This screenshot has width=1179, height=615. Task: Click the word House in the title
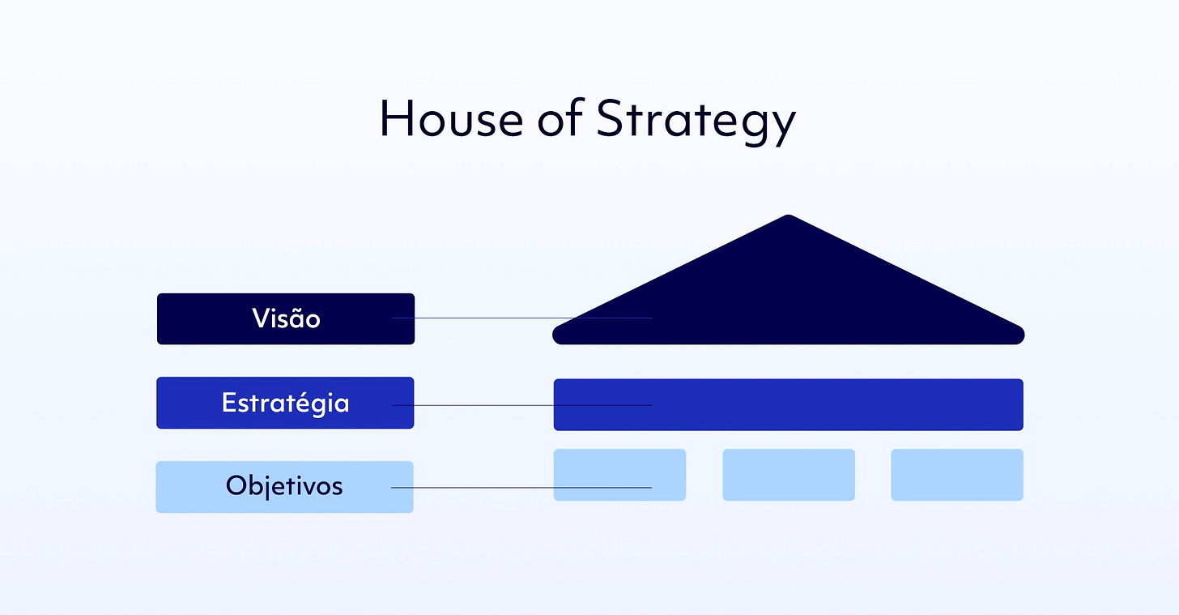(452, 118)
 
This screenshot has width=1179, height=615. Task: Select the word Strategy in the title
(696, 121)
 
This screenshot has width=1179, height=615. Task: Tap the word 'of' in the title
(560, 117)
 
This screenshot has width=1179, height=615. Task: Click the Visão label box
(286, 318)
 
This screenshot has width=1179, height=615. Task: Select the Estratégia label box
(285, 403)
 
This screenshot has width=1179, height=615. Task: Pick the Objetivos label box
(285, 487)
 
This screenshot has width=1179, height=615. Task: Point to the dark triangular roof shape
(789, 295)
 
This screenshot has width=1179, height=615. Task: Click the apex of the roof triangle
(789, 216)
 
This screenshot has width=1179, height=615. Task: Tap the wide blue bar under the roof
(789, 404)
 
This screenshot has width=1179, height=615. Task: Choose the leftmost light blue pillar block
(619, 474)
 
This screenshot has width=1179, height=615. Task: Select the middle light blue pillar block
(789, 474)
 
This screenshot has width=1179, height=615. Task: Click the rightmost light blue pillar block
(957, 474)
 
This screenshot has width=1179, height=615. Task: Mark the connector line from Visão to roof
(522, 318)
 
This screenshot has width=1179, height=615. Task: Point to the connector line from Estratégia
(522, 405)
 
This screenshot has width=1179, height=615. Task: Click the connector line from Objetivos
(521, 488)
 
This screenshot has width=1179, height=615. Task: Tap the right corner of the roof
(1021, 335)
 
